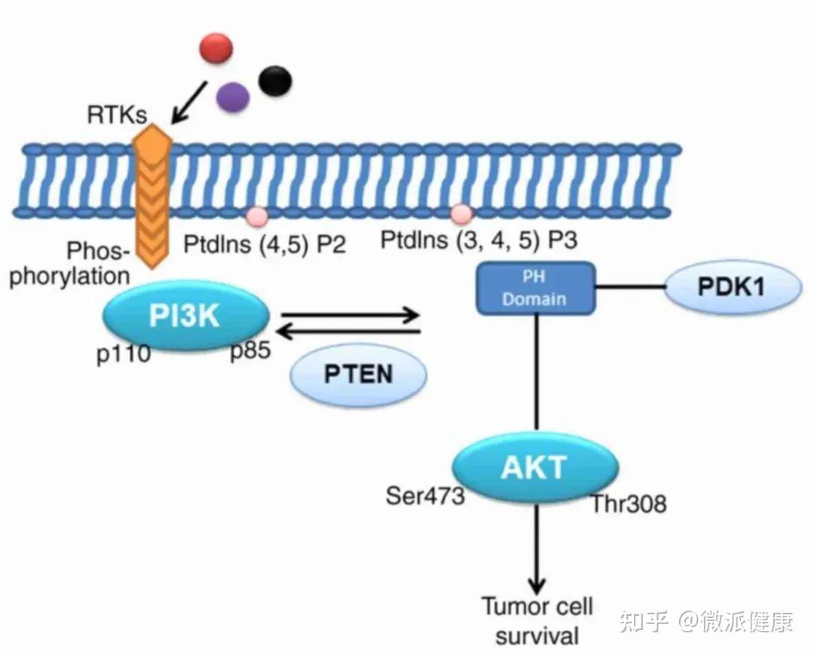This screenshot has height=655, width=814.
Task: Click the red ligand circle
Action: pos(216,48)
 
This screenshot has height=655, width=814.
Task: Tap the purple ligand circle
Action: pos(233,97)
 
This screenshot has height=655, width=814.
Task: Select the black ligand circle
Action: pos(274,81)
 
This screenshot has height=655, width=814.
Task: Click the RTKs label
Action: pos(117,115)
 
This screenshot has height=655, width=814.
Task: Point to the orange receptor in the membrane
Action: pos(151,196)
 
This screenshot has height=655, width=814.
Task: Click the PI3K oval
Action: pos(186,316)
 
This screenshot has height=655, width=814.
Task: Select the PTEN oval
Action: pos(358,374)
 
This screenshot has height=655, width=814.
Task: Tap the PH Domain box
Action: pos(535,288)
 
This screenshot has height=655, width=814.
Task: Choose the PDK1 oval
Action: pos(733,287)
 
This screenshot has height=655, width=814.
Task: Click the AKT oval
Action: pos(535,467)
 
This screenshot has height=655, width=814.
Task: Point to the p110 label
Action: pos(124,355)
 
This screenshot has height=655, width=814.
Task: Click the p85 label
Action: pos(251,351)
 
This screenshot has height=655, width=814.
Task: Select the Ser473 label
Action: pos(424,496)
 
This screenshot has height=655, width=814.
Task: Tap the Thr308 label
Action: pos(629,504)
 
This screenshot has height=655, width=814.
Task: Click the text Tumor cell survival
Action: pos(537,621)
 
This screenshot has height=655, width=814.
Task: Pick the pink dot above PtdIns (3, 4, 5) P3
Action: pos(461,213)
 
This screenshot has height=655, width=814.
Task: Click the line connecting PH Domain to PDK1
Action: pos(630,287)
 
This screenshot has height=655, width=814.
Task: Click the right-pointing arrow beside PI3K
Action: pos(350,314)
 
